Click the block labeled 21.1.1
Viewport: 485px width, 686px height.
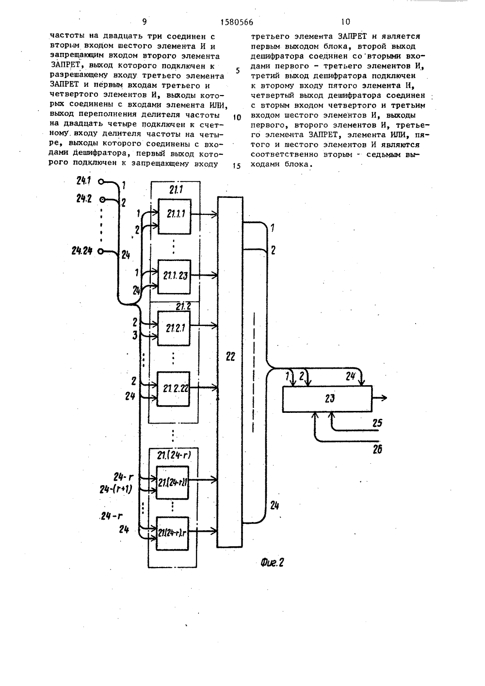point(175,216)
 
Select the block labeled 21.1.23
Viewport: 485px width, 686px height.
point(174,277)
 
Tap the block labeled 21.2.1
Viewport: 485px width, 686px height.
point(174,328)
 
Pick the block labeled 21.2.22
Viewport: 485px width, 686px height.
point(173,389)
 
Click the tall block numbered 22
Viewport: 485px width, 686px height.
point(230,372)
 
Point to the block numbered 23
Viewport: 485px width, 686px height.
point(327,398)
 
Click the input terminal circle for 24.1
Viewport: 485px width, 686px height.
point(101,182)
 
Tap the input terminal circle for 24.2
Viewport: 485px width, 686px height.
point(102,200)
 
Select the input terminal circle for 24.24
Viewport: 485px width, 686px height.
point(100,251)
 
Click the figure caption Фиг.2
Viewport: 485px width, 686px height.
point(272,562)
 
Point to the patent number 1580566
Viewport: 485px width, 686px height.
point(237,22)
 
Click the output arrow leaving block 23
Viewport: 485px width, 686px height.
point(380,398)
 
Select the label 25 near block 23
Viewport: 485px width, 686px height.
point(377,423)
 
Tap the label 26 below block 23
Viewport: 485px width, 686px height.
point(377,450)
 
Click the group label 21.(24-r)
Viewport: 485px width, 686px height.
point(174,456)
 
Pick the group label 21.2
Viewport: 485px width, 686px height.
point(183,307)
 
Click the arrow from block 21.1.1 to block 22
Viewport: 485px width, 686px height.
point(204,215)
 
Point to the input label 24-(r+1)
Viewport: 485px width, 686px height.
point(115,490)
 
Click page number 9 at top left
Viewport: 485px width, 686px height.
point(145,22)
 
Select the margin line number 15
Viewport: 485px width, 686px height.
point(237,166)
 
